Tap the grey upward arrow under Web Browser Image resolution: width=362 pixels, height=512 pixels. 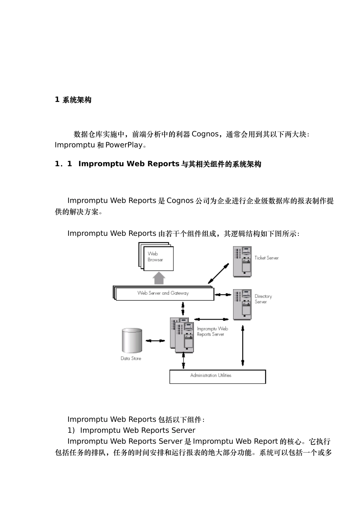point(159,278)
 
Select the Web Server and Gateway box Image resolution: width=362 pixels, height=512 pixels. point(164,293)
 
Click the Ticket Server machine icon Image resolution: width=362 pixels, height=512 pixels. point(242,261)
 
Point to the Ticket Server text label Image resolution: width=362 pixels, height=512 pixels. point(266,258)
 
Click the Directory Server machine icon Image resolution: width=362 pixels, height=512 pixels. point(242,304)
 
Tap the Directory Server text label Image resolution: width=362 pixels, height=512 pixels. point(263,299)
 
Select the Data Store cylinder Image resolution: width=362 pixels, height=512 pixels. point(132,340)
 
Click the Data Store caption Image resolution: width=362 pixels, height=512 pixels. point(131,358)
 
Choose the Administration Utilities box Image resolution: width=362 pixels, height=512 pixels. point(217,376)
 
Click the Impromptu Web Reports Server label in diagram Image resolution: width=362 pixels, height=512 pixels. point(212,331)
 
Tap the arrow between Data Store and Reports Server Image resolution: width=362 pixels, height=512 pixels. point(155,341)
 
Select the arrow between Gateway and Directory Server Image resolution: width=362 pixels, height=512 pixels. point(223,294)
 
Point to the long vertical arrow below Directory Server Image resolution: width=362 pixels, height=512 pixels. point(243,346)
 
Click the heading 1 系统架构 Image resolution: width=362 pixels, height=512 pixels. point(73,100)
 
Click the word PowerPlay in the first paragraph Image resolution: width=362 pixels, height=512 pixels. point(123,145)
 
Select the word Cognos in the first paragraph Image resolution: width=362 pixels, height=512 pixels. point(205,134)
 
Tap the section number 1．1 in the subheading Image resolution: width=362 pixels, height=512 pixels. point(64,164)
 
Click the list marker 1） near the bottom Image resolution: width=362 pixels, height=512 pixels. point(72,430)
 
